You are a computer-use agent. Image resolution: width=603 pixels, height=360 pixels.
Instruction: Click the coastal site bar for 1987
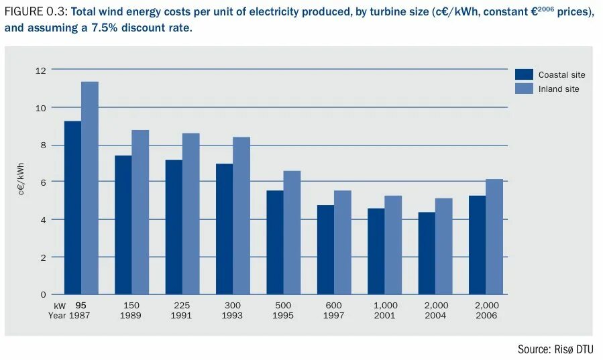[x=72, y=208]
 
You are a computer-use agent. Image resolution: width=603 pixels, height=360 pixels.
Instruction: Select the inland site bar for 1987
[x=90, y=188]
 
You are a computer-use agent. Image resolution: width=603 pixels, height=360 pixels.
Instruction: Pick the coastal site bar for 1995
[x=275, y=243]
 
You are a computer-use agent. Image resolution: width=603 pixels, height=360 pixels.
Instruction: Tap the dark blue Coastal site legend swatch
[x=524, y=75]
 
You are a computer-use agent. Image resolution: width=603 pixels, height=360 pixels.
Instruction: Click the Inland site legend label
[x=559, y=88]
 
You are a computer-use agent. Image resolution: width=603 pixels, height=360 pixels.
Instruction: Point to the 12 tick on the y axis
[x=41, y=70]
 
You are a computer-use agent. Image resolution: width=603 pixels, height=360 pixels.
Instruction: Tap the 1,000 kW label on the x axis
[x=386, y=306]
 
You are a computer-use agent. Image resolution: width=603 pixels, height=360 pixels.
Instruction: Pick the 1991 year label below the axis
[x=182, y=316]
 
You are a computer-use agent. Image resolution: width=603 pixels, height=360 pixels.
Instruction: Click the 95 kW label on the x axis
[x=81, y=306]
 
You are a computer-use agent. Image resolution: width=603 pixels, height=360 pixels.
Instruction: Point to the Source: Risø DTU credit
[x=555, y=349]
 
